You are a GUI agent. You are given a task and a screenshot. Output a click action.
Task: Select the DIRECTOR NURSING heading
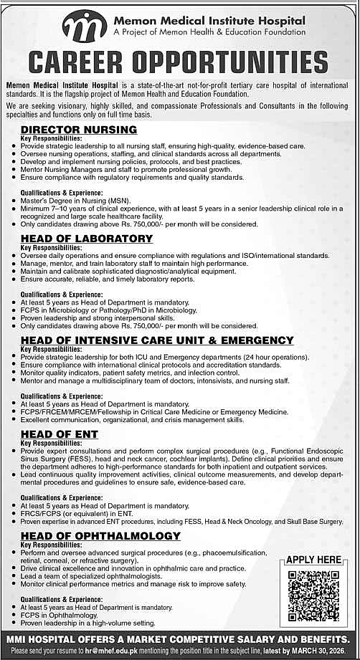(x=79, y=130)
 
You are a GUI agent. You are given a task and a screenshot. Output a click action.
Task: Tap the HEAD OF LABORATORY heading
(x=87, y=238)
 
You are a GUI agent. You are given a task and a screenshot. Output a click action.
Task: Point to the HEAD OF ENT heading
(x=60, y=434)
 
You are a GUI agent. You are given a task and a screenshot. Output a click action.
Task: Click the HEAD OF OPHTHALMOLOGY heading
(x=100, y=536)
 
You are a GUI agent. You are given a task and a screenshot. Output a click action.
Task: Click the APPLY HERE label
(x=313, y=560)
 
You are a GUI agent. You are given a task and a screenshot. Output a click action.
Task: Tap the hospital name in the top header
(x=209, y=21)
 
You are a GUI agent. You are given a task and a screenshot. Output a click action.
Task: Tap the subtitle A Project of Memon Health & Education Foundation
(x=209, y=33)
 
